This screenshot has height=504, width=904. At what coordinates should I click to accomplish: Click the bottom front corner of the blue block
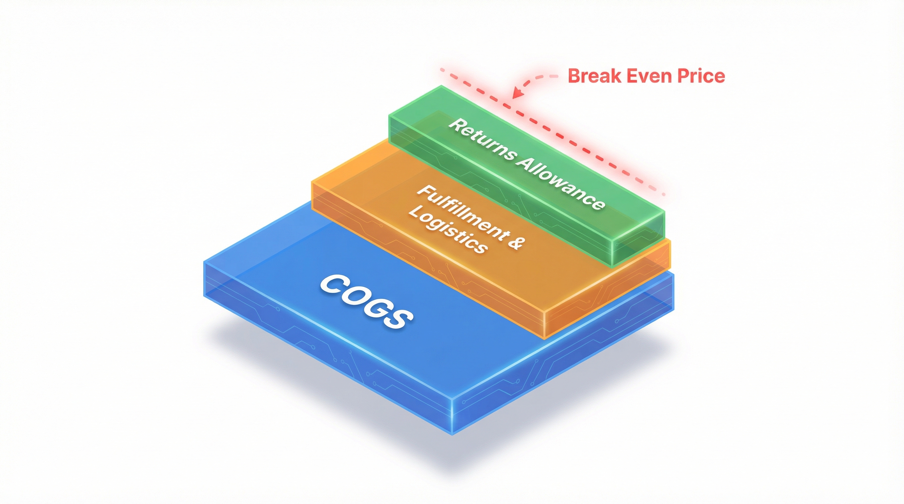click(452, 434)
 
